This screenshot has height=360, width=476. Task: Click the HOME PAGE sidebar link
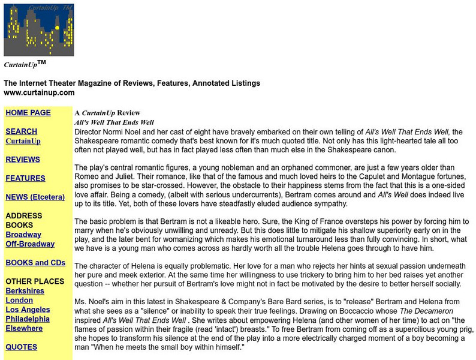pos(28,113)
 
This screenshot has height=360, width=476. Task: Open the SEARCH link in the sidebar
pos(21,131)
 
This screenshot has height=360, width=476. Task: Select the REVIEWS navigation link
pos(23,160)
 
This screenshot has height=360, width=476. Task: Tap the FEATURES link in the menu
pos(25,178)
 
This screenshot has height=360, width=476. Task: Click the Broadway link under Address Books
pos(23,235)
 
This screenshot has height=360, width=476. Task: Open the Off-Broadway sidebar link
pos(30,244)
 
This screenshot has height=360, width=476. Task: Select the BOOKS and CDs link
pos(35,263)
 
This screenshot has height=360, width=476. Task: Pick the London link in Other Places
pos(19,300)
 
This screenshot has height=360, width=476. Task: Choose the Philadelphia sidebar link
pos(28,319)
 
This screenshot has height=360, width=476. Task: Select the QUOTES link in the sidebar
pos(22,347)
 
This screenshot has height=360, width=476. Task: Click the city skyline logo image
pos(39,30)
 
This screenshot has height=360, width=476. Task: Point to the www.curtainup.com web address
pos(39,92)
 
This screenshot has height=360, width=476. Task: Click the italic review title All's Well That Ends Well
pos(114,122)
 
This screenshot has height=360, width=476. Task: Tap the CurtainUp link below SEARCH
pos(23,141)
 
